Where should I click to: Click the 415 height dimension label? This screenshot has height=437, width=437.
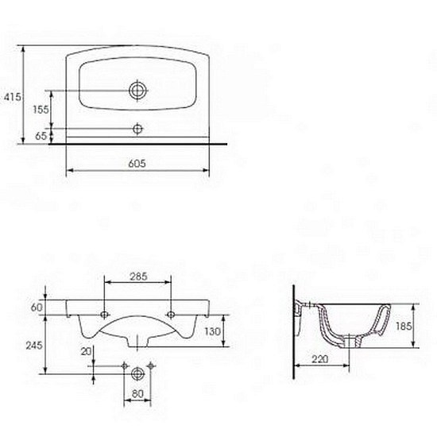pyautogui.click(x=12, y=97)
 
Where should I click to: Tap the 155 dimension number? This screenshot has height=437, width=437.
pyautogui.click(x=41, y=110)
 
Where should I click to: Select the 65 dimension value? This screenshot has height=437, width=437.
pyautogui.click(x=41, y=136)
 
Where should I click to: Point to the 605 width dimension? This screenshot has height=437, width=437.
pyautogui.click(x=137, y=164)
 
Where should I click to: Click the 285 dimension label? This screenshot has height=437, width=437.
pyautogui.click(x=138, y=277)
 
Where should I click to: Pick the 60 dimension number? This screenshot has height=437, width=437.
pyautogui.click(x=37, y=307)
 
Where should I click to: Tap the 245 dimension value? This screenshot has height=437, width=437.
pyautogui.click(x=34, y=346)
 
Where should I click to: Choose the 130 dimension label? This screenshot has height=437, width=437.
pyautogui.click(x=212, y=331)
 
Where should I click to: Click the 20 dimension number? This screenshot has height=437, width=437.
pyautogui.click(x=86, y=352)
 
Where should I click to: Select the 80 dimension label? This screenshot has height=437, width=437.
pyautogui.click(x=137, y=394)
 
